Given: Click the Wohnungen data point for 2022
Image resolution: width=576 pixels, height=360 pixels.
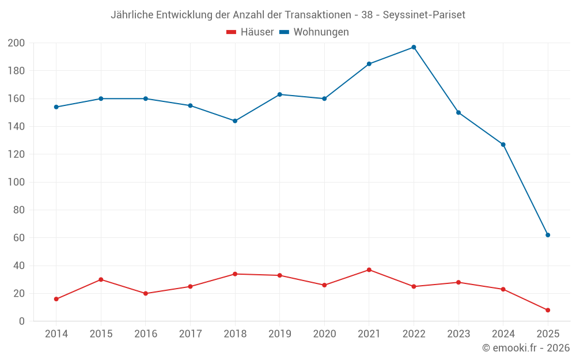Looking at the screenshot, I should (414, 47).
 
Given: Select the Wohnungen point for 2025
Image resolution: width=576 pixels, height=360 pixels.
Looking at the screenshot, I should (548, 235).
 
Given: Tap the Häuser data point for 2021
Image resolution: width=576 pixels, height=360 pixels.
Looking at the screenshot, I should (369, 270).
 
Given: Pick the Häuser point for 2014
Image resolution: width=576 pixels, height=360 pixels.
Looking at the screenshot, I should (56, 299).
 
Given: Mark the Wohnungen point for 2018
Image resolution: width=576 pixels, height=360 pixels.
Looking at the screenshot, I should (235, 121).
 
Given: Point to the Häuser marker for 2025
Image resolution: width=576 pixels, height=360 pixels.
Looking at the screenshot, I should (548, 310).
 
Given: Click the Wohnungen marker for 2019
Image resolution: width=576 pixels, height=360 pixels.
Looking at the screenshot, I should (280, 94).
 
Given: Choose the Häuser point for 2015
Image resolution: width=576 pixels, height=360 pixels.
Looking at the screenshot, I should (101, 279).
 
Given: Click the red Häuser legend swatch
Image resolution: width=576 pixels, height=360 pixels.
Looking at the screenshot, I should (232, 32).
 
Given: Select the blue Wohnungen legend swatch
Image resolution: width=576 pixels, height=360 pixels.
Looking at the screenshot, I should (284, 32).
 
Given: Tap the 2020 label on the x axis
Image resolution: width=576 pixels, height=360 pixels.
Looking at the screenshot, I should (324, 334).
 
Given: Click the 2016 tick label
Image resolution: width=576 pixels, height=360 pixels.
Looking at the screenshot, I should (146, 334).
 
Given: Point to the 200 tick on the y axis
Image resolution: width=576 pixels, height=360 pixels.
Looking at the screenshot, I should (16, 43).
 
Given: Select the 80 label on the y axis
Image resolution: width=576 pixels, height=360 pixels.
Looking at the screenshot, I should (19, 210).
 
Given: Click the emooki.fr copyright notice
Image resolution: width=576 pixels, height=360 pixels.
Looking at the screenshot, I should (526, 348).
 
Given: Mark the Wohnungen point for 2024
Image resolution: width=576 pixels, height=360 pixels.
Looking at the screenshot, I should (503, 145).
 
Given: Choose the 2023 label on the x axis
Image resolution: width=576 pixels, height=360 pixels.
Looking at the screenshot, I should (458, 334).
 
